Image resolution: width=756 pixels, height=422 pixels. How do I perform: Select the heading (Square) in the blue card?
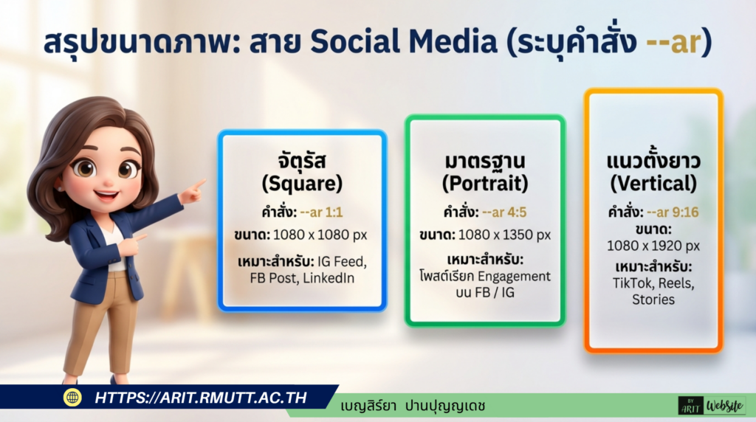click(x=301, y=182)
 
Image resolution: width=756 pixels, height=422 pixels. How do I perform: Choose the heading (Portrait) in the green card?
click(x=484, y=183)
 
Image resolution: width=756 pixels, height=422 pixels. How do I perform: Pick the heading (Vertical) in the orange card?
click(x=653, y=183)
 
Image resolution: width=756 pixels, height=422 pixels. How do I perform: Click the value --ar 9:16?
click(x=673, y=212)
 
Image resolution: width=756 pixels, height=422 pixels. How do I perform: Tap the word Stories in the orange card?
click(x=653, y=299)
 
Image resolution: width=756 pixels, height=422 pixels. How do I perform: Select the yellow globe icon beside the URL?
click(x=72, y=398)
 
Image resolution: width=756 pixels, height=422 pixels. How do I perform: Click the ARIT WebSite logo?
click(x=712, y=405)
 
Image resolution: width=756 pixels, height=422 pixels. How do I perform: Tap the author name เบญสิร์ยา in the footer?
click(x=368, y=406)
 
